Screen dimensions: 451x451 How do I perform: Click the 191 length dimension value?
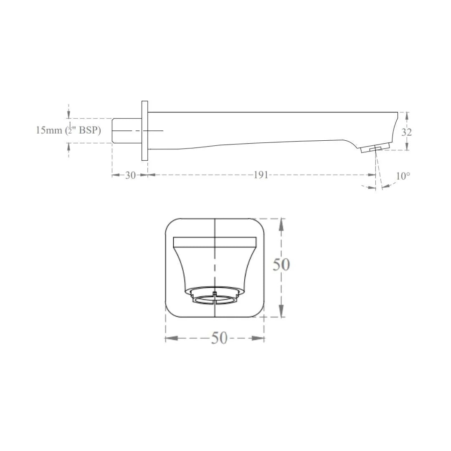pos(261,175)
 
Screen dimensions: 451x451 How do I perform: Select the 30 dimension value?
pos(130,175)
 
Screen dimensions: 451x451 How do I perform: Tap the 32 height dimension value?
pos(406,132)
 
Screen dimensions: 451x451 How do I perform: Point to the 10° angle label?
pos(403,176)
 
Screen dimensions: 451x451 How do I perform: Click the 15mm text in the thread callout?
pos(49,130)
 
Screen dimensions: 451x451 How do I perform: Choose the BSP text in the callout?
pos(88,131)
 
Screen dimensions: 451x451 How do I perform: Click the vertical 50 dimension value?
pos(281,264)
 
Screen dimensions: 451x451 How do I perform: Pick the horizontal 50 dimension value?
pos(219,338)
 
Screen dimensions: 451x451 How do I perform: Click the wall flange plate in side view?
pos(144,131)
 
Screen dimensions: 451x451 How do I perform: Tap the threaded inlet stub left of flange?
pos(127,131)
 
